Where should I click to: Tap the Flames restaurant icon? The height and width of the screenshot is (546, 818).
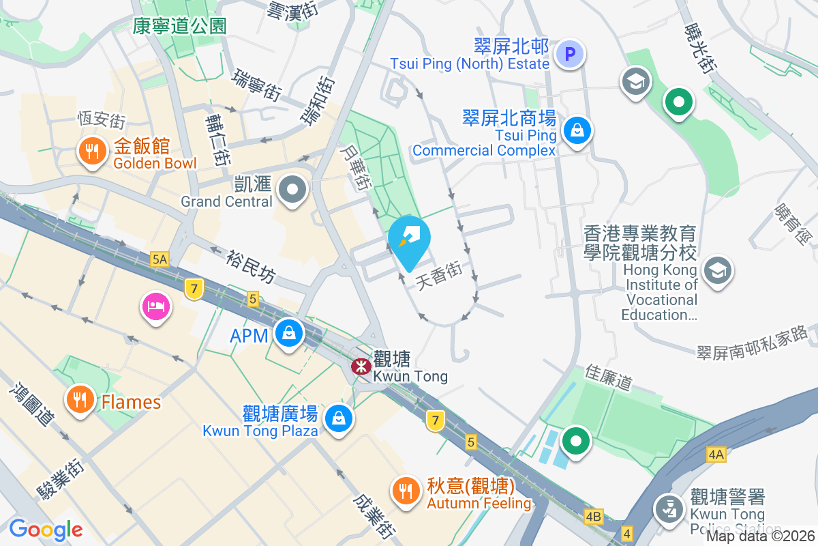(x=81, y=401)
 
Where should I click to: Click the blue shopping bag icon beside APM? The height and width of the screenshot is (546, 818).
(x=289, y=334)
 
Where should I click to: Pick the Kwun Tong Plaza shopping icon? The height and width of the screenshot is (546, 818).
(x=338, y=418)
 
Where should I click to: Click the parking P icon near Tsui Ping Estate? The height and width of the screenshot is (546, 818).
(x=569, y=54)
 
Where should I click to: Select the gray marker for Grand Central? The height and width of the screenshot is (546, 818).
(x=294, y=190)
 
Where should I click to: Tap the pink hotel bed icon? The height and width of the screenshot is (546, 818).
(x=156, y=305)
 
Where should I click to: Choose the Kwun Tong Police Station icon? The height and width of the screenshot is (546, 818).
(x=669, y=508)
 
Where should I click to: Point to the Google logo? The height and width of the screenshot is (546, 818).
(x=46, y=529)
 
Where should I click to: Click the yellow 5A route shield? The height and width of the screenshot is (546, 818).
(x=160, y=259)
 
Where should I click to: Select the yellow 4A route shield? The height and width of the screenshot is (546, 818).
(x=716, y=454)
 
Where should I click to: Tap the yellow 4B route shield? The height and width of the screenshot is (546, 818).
(x=594, y=516)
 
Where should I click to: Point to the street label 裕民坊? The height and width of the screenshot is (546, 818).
(x=252, y=264)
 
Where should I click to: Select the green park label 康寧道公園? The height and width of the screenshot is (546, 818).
(x=179, y=26)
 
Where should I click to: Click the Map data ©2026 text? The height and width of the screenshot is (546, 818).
(x=761, y=536)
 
